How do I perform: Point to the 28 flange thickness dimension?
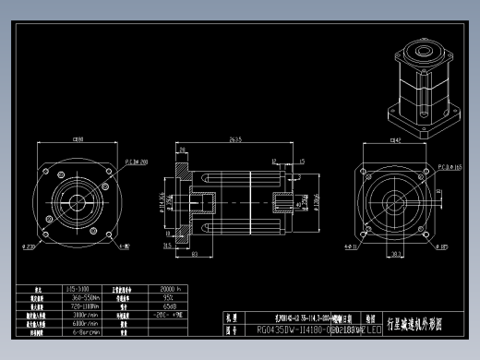167,246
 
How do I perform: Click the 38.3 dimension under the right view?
396,253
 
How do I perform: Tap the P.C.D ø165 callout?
450,167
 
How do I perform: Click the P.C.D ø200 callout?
136,161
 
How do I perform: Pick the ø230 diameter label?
29,247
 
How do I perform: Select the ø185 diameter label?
444,246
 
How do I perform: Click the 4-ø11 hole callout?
352,246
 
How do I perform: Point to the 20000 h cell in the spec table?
173,289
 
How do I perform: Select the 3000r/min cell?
84,314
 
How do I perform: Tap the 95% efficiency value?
168,297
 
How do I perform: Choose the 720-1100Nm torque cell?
84,306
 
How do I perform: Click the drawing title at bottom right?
425,325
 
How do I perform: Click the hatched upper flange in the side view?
181,170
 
